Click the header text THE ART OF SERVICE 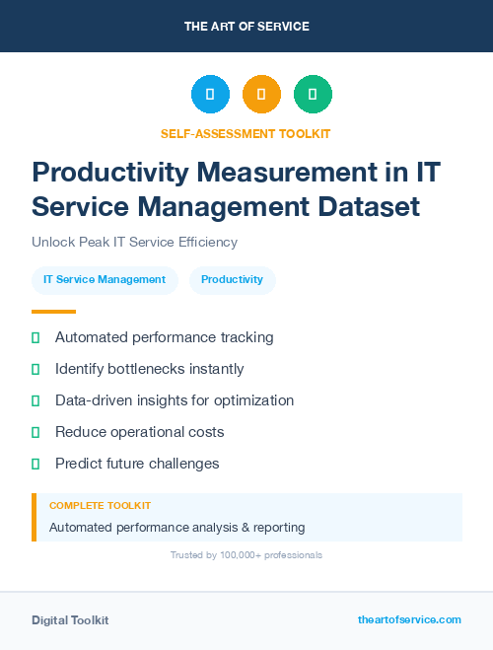tap(246, 27)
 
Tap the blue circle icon tap(210, 95)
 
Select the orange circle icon tap(261, 95)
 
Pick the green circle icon tap(313, 95)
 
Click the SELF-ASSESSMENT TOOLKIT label tap(246, 133)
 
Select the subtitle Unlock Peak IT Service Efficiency tap(134, 242)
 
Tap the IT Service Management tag tap(105, 280)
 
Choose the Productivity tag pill tap(232, 280)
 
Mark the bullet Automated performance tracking tap(164, 337)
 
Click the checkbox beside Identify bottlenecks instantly tap(35, 369)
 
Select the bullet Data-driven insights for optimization tap(174, 400)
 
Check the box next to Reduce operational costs tap(35, 432)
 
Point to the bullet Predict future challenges tap(136, 464)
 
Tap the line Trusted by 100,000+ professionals tap(246, 555)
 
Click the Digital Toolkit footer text tap(70, 620)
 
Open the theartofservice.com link tap(409, 619)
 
